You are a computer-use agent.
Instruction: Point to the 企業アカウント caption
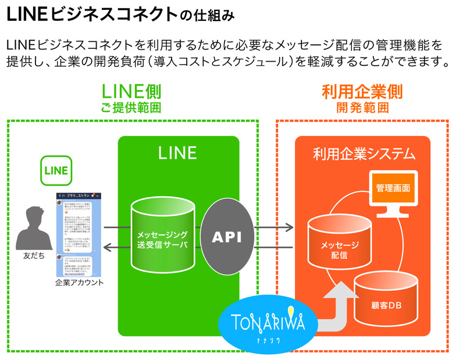click(79, 283)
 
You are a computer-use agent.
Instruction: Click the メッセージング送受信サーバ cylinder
click(162, 238)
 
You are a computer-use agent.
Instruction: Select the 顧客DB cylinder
click(386, 300)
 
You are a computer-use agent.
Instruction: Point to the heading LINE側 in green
click(131, 92)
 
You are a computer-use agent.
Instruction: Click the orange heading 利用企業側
click(362, 92)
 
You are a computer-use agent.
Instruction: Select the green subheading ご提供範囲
click(131, 108)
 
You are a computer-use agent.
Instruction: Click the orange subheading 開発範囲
click(362, 108)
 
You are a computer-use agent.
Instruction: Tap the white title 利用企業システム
click(364, 154)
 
